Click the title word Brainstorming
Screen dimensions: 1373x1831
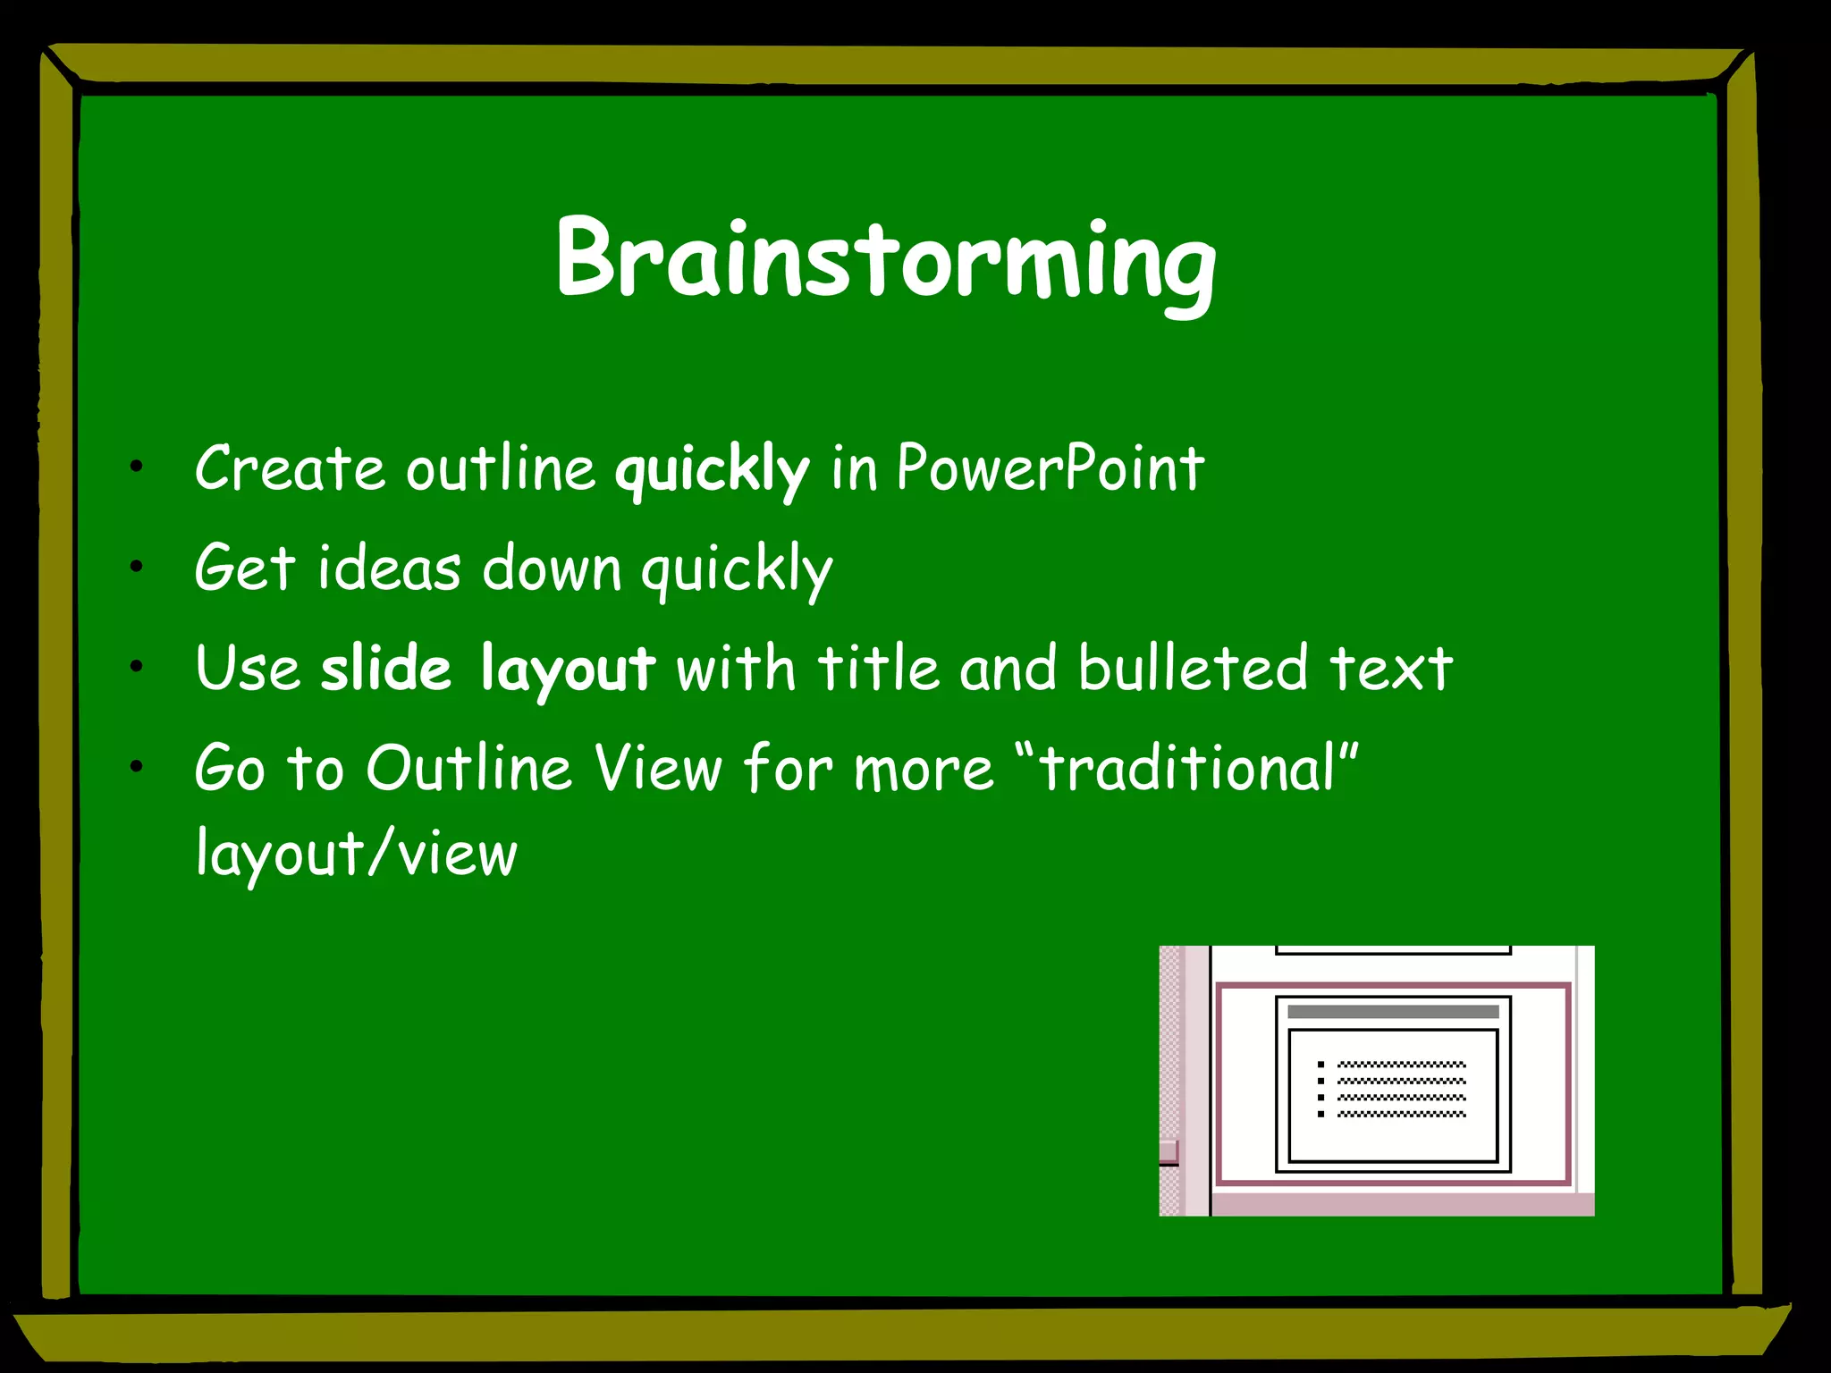pos(885,259)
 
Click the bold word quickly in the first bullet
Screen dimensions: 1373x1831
pos(712,468)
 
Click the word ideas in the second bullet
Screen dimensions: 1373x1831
pos(390,569)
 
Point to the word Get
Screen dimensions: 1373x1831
pos(244,569)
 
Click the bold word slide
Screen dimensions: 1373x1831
pos(386,668)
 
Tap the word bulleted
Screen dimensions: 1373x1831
pos(1193,668)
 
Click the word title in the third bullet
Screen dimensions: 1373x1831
pos(877,668)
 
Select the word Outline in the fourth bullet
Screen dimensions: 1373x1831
pos(468,768)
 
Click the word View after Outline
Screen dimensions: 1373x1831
pos(658,768)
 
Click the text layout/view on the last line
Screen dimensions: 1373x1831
pos(356,854)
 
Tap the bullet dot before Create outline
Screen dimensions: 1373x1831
pos(136,466)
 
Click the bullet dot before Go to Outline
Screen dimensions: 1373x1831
pos(136,766)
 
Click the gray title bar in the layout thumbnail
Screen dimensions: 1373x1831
pos(1392,1012)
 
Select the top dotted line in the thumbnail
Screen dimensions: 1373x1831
pos(1401,1065)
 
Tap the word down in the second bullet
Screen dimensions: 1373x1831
pos(552,569)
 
